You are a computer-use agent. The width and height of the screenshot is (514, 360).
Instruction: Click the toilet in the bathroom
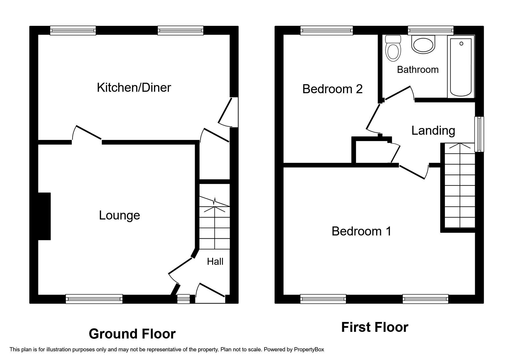393,49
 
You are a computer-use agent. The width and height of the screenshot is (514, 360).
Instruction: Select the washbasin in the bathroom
423,45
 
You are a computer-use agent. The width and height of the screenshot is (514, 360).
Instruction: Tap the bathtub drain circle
461,44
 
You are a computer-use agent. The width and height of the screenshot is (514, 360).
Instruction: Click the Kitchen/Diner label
134,87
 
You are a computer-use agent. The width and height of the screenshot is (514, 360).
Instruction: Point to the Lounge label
119,215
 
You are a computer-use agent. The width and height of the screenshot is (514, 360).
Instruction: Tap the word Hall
215,262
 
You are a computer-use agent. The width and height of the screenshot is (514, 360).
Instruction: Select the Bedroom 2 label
332,89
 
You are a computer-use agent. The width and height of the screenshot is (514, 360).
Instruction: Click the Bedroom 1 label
361,231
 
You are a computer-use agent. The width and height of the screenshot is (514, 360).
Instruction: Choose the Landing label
433,131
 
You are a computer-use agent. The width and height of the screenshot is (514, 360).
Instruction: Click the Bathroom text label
418,70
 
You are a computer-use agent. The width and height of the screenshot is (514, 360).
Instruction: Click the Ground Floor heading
132,334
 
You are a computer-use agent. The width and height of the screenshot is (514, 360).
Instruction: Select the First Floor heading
374,327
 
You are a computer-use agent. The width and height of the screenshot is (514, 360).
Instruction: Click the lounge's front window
94,299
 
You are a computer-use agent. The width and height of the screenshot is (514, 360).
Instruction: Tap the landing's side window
479,134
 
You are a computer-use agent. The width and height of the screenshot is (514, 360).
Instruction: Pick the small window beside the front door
183,299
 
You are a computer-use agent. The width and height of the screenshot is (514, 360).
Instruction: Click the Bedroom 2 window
327,30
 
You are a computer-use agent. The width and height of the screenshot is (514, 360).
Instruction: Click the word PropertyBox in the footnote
309,350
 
